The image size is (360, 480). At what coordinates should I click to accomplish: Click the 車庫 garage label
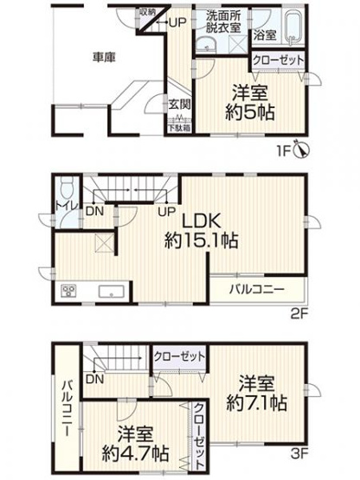[x=105, y=58]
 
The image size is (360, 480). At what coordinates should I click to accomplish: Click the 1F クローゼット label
[x=277, y=61]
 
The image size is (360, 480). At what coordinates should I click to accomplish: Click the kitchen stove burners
[x=68, y=291]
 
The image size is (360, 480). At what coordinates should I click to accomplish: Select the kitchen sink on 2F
[x=112, y=292]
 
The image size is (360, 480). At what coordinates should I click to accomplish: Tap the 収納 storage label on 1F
[x=148, y=11]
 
